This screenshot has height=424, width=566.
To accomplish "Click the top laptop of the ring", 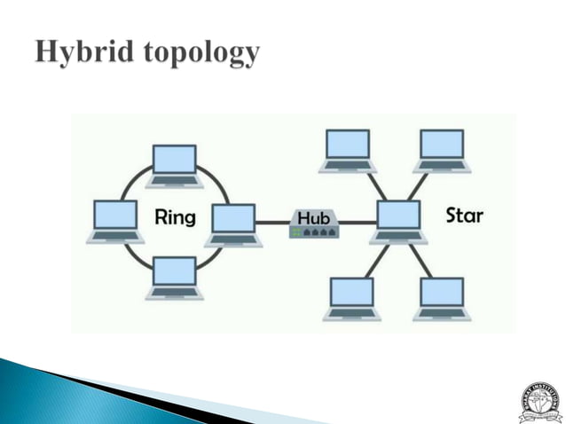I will tap(175, 165).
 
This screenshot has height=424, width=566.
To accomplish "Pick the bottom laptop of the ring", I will tap(175, 277).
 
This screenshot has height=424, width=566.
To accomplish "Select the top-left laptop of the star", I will tap(348, 149).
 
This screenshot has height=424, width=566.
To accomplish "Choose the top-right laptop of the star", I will tap(442, 149).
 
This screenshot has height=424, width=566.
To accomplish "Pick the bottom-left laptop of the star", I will tap(351, 297).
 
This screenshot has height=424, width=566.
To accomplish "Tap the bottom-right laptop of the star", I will tap(442, 297).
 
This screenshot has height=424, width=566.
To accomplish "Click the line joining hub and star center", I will tap(357, 223).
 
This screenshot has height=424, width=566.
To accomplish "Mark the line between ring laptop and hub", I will tap(273, 223).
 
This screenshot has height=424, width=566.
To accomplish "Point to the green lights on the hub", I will tap(295, 232).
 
